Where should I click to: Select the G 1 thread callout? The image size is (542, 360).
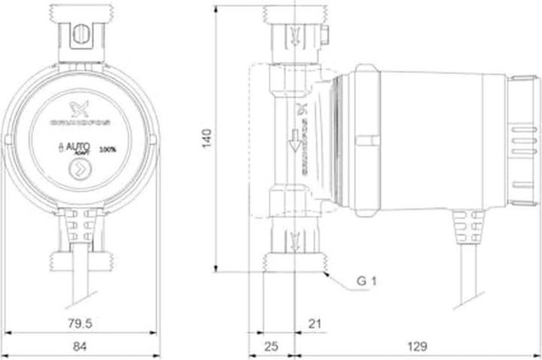click(x=367, y=282)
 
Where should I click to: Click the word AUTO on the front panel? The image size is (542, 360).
click(x=76, y=149)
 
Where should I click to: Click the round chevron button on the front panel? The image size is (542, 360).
click(x=78, y=172)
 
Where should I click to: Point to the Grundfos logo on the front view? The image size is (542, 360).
click(x=78, y=113)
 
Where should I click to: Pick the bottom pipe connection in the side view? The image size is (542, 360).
click(x=294, y=245)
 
